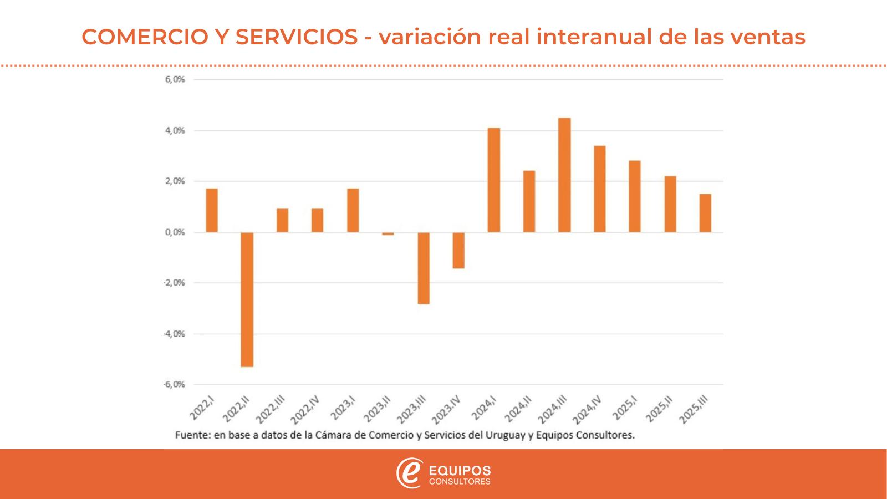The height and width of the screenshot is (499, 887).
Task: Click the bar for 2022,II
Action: coord(247,299)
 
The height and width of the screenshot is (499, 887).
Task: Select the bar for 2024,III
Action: coord(564,175)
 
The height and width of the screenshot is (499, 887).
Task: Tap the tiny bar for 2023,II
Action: coord(388,233)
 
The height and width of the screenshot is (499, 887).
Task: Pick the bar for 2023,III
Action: coord(424,268)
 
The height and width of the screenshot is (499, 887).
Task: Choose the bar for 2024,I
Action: coord(494,180)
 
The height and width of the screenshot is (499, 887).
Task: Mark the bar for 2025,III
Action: coord(705,213)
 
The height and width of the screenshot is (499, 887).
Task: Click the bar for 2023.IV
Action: coord(458,250)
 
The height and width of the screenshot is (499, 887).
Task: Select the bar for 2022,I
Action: coord(212,210)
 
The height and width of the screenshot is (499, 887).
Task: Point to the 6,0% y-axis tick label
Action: coord(175,79)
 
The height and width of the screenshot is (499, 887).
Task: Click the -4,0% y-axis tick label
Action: coord(174,334)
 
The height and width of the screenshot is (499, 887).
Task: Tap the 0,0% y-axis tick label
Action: coord(175,232)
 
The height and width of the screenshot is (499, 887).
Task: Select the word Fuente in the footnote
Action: coord(191,435)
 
